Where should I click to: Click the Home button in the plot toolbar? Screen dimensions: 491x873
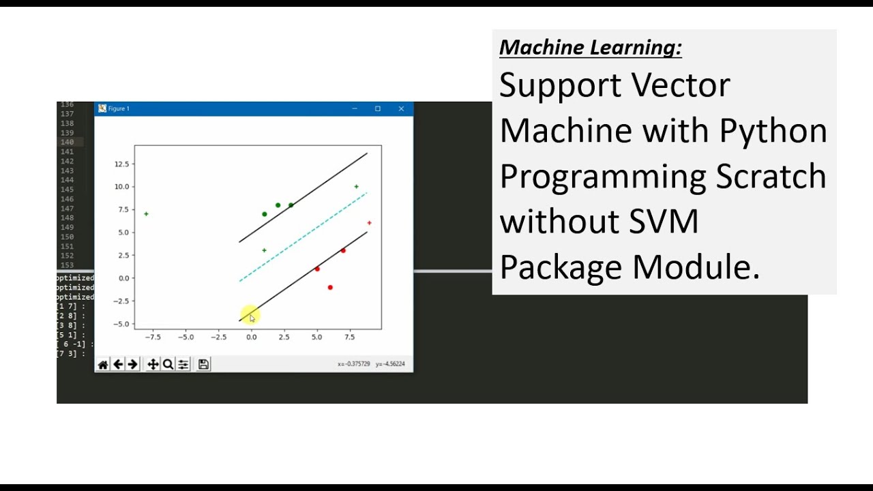click(x=103, y=365)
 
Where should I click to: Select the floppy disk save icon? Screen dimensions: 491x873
click(x=203, y=365)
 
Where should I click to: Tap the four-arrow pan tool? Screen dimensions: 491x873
click(x=153, y=365)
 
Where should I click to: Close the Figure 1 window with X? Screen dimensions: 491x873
click(x=401, y=109)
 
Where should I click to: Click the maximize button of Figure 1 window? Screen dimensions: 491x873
click(x=378, y=109)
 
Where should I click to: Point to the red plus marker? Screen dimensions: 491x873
click(x=369, y=223)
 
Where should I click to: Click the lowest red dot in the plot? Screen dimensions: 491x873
click(x=330, y=288)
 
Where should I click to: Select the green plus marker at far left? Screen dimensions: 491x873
click(x=146, y=214)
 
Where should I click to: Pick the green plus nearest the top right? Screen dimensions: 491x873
click(x=356, y=187)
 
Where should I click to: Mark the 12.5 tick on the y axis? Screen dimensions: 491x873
click(x=122, y=164)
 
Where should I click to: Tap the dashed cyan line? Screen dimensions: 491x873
click(x=304, y=237)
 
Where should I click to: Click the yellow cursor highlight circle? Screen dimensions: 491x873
click(x=250, y=316)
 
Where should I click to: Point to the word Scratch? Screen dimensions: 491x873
click(x=771, y=176)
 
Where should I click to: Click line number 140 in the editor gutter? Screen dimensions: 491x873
click(x=67, y=142)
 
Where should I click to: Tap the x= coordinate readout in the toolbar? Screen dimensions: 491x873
click(x=353, y=364)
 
